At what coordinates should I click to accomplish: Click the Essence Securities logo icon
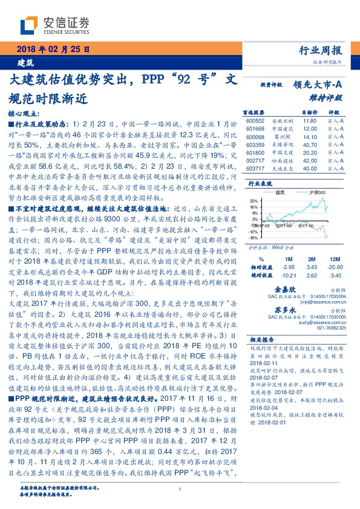pyautogui.click(x=30, y=25)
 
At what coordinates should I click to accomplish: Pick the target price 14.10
pyautogui.click(x=310, y=137)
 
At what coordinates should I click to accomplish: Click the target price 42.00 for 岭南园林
pyautogui.click(x=310, y=161)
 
